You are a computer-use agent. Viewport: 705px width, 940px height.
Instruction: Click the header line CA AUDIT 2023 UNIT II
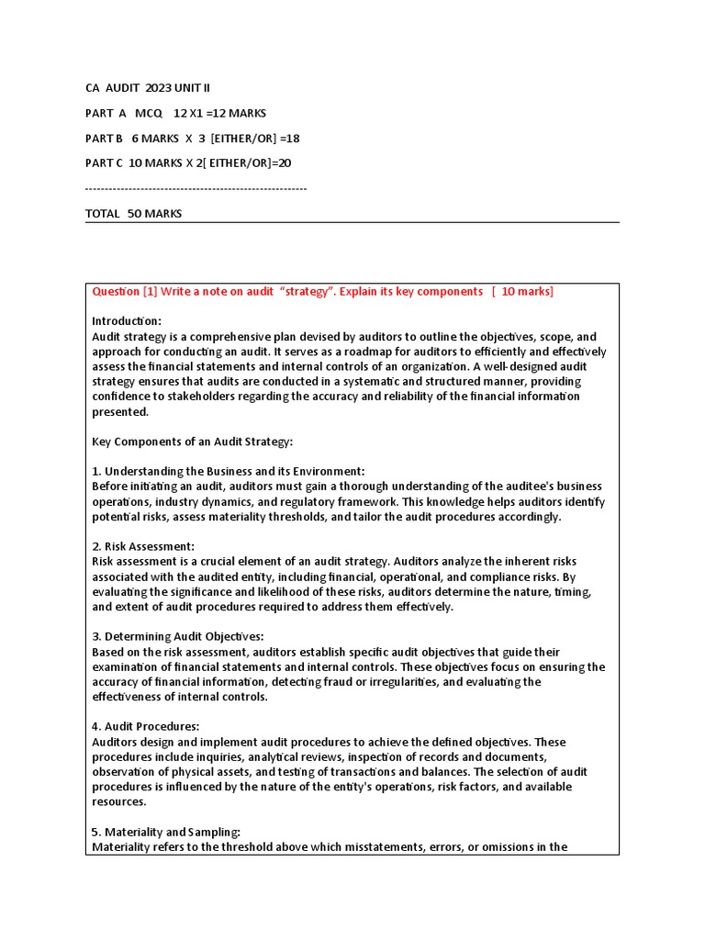(147, 88)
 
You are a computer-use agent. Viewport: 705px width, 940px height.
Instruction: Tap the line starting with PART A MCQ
(175, 113)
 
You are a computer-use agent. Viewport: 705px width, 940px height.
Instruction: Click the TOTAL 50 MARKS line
(133, 213)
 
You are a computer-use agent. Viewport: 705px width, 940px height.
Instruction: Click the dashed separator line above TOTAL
(196, 188)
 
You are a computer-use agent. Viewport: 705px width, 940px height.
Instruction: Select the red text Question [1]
(125, 291)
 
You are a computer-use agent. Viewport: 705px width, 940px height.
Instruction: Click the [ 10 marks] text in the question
(521, 291)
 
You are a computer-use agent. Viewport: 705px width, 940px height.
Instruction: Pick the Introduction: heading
(127, 321)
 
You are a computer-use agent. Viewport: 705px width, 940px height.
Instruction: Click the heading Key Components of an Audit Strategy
(192, 442)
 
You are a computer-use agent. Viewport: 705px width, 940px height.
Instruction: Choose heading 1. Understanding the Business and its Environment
(228, 471)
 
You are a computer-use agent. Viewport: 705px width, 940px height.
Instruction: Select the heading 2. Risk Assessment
(142, 546)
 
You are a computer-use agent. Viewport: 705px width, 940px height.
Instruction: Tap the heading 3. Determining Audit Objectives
(177, 636)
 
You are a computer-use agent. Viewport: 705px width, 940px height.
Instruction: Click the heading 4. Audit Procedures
(145, 726)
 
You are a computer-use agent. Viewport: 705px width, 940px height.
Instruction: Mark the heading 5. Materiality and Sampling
(165, 832)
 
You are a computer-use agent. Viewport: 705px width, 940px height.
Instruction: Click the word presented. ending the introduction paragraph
(119, 412)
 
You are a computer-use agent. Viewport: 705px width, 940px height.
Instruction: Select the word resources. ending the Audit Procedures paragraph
(119, 801)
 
